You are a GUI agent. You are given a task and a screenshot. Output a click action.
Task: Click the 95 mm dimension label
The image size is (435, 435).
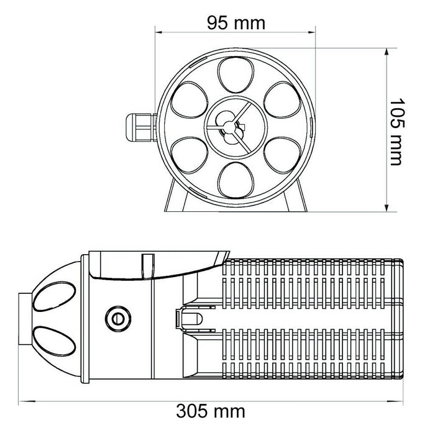[236, 23]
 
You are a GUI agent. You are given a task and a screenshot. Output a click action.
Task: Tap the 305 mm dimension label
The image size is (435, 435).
[211, 411]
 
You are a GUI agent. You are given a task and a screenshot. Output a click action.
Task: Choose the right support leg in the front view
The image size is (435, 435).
[296, 198]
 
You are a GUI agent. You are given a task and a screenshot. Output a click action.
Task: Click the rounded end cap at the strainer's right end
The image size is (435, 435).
[401, 318]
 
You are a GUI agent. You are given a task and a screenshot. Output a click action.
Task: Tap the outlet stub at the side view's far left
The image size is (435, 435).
[24, 318]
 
